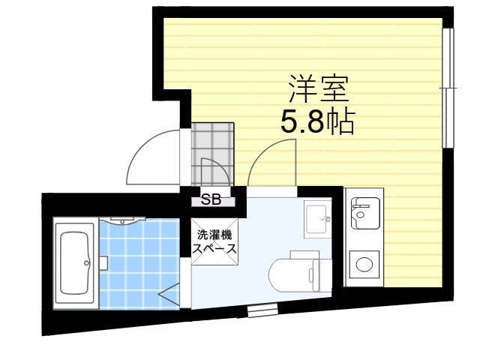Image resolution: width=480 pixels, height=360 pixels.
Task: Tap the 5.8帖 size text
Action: coord(317,121)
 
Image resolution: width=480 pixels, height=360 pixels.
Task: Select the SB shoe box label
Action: coord(211,200)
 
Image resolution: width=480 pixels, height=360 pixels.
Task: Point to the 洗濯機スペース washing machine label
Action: coord(214,241)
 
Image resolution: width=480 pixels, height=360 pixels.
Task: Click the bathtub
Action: coord(75,263)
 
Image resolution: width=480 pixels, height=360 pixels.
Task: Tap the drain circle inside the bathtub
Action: coord(87,262)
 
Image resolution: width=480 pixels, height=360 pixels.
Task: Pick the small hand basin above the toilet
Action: coord(317,219)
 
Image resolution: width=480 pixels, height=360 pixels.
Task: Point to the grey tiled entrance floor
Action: coord(212,154)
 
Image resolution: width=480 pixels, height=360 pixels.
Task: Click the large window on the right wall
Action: coord(448,88)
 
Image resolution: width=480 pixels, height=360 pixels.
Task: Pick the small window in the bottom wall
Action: coord(262,310)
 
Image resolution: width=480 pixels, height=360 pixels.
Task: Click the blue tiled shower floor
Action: coord(139,265)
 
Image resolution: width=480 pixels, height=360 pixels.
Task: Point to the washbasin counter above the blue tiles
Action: coord(122,220)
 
